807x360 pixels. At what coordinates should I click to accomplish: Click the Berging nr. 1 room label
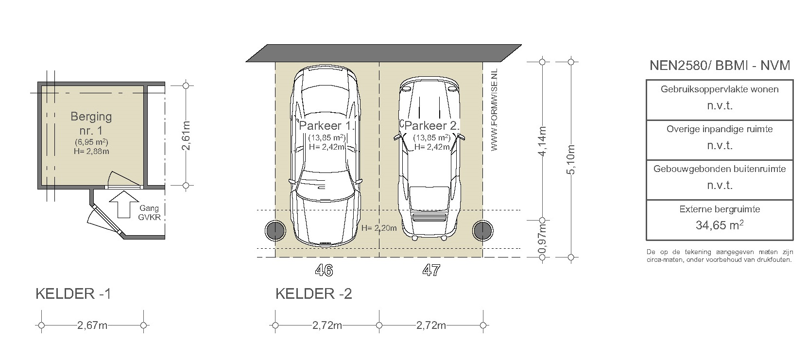tap(91, 123)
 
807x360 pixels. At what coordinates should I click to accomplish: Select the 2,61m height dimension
tap(186, 136)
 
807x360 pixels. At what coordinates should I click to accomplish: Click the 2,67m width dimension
tap(92, 326)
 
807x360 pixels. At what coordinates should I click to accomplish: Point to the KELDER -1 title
tap(73, 294)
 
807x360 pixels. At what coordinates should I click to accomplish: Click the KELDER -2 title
tap(313, 294)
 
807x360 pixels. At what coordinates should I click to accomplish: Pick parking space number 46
tap(324, 270)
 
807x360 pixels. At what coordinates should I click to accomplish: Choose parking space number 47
tap(431, 270)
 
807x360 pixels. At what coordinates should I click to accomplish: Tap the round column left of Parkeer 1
tap(275, 230)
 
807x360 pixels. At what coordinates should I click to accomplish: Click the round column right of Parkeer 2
tap(483, 230)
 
